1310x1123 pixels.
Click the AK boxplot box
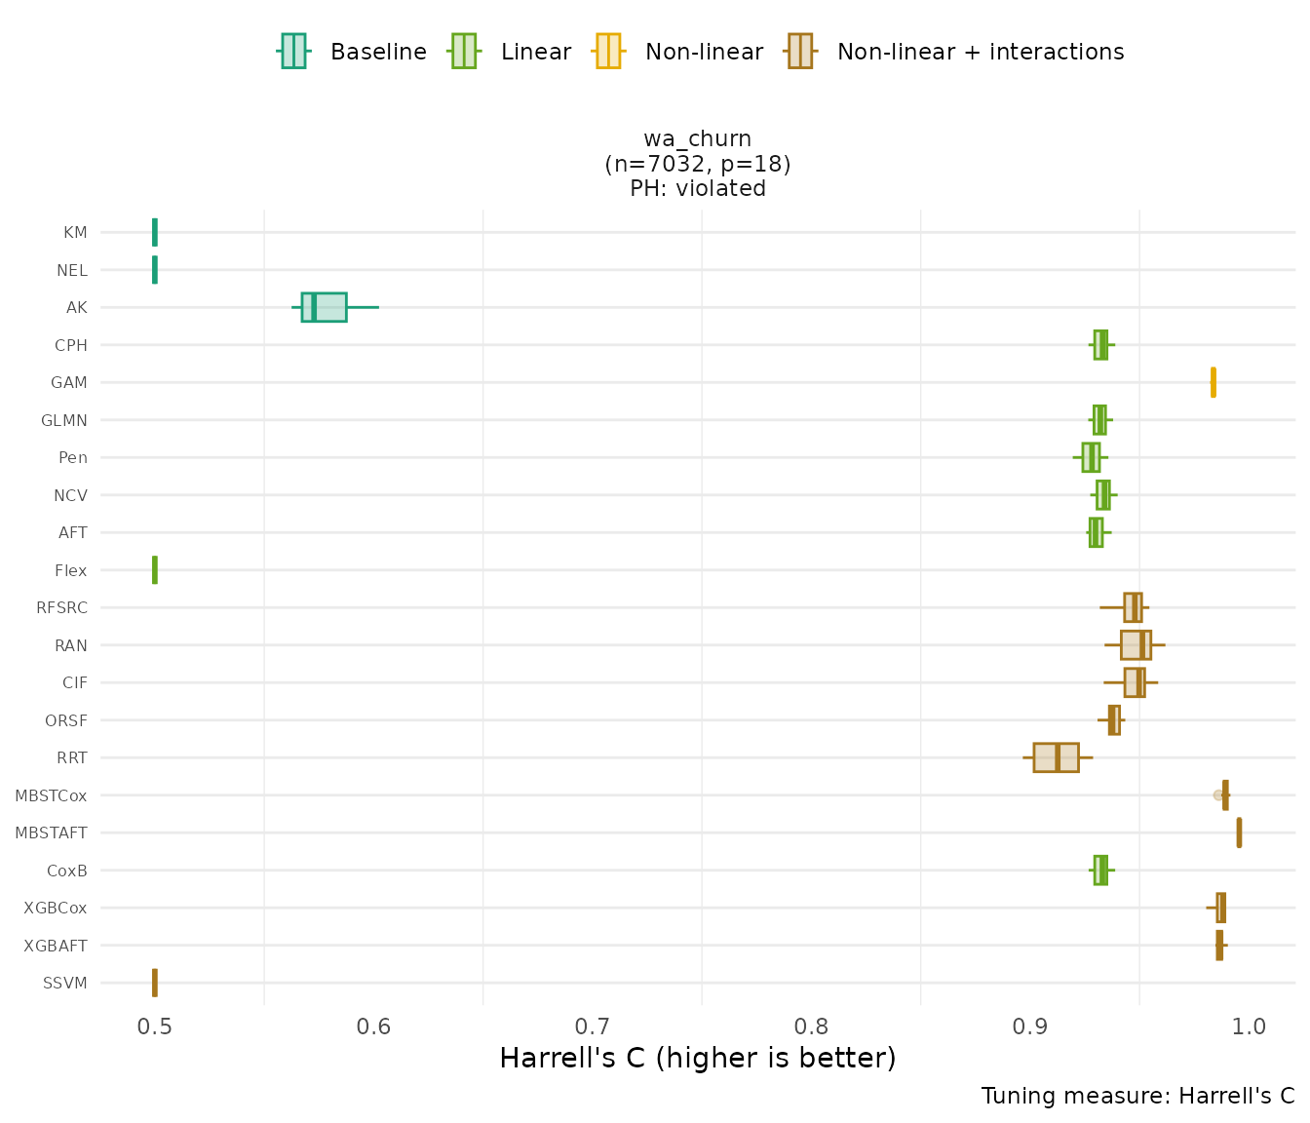(324, 307)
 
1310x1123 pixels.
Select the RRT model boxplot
(1056, 757)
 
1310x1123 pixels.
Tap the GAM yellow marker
(1213, 382)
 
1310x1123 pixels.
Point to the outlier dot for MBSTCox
(1217, 795)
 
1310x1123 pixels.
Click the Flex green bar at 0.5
(155, 570)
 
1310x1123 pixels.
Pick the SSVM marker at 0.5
(155, 983)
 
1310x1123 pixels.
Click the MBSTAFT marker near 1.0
(1239, 833)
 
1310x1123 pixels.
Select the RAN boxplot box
(1135, 645)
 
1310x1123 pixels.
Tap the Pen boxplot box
(1091, 457)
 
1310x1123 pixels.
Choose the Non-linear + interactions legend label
(980, 52)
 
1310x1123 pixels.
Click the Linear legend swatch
(463, 51)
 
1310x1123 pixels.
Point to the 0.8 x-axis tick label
(811, 1026)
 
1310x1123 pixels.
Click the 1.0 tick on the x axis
(1249, 1026)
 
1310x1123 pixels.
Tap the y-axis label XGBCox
(56, 909)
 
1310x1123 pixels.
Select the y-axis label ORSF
(66, 721)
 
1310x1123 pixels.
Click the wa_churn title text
(697, 138)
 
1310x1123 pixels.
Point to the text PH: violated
(697, 189)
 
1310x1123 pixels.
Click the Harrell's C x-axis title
(697, 1058)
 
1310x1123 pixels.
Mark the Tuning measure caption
(1137, 1096)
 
